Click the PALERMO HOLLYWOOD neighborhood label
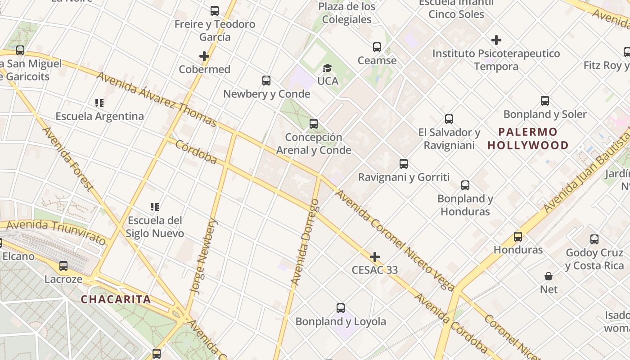click(528, 139)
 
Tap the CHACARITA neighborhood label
click(116, 299)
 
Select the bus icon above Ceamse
click(377, 47)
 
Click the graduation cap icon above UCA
click(328, 68)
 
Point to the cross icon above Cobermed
click(204, 56)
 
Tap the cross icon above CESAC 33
click(374, 257)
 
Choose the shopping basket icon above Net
click(549, 276)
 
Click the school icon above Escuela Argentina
click(99, 103)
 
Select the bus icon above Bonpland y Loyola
click(341, 308)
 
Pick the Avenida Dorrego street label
click(306, 242)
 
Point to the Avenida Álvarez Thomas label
click(157, 99)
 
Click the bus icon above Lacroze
click(63, 266)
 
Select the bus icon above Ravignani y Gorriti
click(404, 164)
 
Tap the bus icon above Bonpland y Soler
click(545, 101)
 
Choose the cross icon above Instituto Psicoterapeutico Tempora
click(496, 40)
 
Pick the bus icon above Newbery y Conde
click(266, 81)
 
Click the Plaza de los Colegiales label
click(346, 13)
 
